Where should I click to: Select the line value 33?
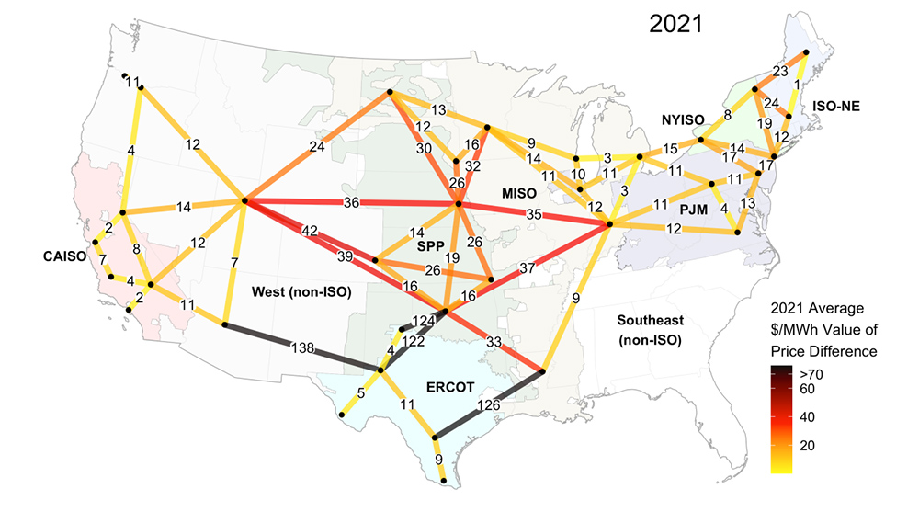click(493, 342)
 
